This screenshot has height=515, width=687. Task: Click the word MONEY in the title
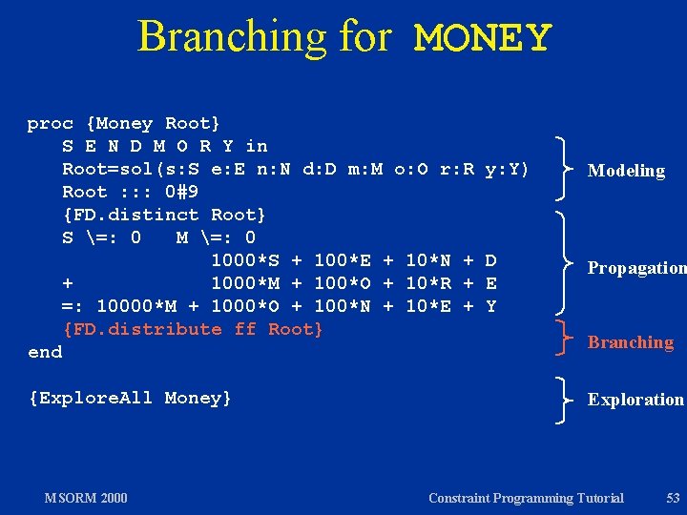(x=483, y=38)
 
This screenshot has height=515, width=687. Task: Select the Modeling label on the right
(x=626, y=171)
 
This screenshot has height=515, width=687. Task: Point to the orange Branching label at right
(x=630, y=342)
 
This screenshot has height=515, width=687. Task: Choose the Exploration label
(x=635, y=400)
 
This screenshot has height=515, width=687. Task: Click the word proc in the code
(x=51, y=123)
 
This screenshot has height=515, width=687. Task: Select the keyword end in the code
(x=45, y=352)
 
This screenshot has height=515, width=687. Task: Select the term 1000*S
(x=245, y=260)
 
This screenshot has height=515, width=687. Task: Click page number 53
(x=673, y=498)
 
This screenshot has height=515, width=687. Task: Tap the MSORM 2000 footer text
(x=86, y=498)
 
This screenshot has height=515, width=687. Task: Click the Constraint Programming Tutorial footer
(x=526, y=498)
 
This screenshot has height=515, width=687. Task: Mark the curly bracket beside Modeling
(x=565, y=170)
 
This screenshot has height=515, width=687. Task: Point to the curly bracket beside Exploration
(x=565, y=400)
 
